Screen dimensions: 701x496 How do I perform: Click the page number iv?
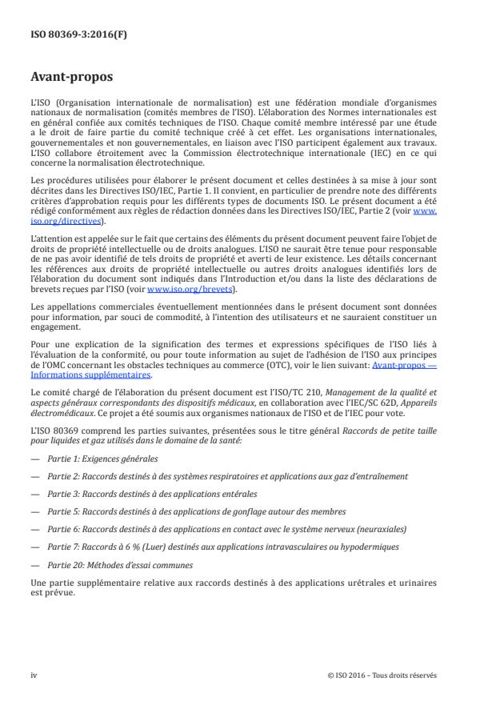(34, 675)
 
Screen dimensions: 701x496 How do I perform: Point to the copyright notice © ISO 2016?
(382, 675)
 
